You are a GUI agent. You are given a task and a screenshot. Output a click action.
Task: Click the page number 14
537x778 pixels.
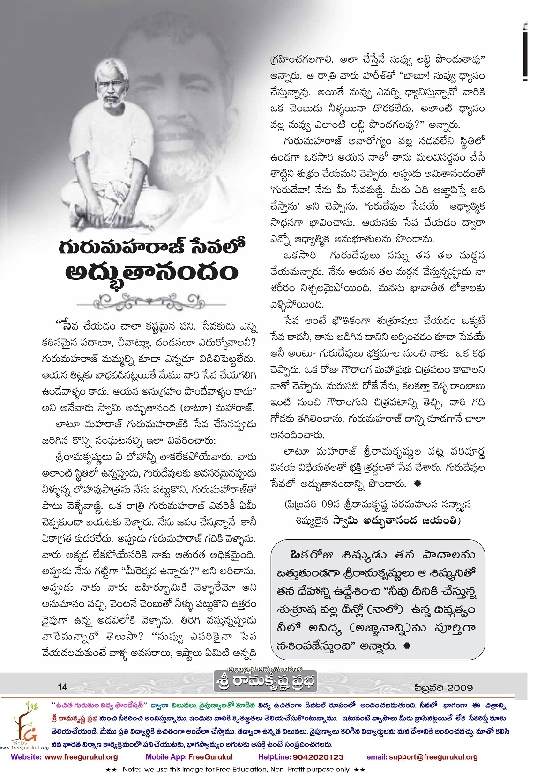[x=63, y=687]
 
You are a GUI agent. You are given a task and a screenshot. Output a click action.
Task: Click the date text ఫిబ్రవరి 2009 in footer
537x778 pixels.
[x=444, y=688]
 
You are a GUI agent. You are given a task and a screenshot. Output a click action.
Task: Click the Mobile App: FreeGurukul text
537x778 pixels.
[x=189, y=757]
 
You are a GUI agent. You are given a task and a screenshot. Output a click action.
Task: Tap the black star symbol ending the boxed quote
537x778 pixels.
[x=407, y=646]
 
